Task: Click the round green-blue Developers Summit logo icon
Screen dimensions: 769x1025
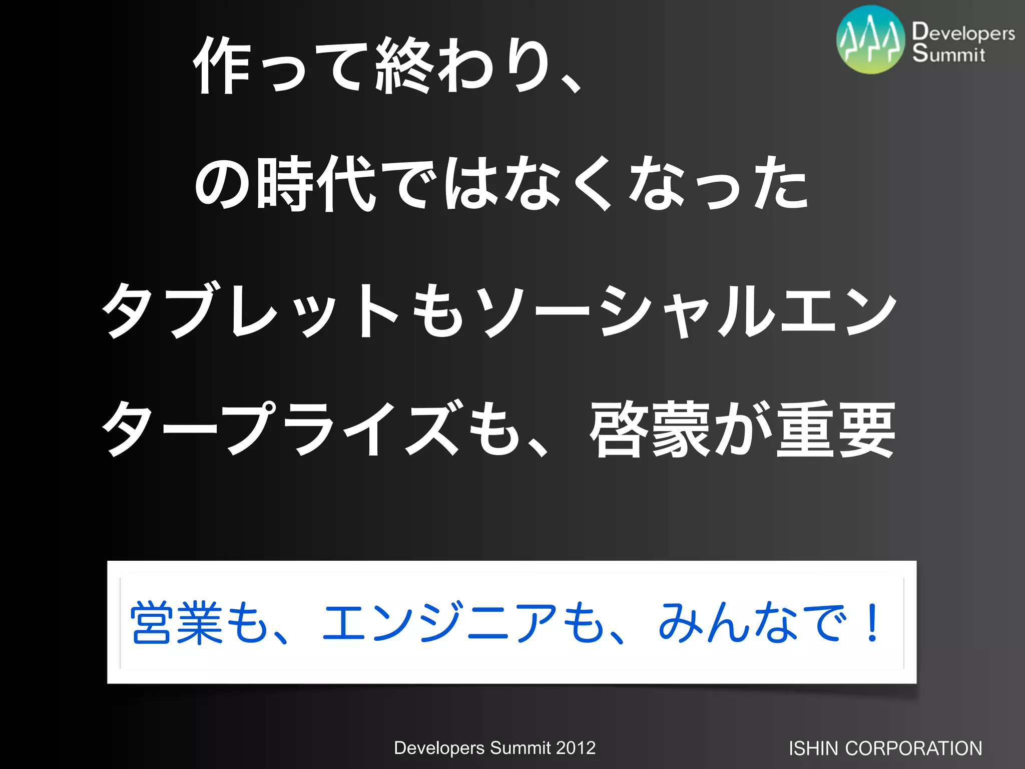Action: point(871,40)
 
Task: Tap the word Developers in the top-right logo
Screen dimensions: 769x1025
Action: point(963,33)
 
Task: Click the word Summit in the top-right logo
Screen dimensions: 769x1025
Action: point(948,54)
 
